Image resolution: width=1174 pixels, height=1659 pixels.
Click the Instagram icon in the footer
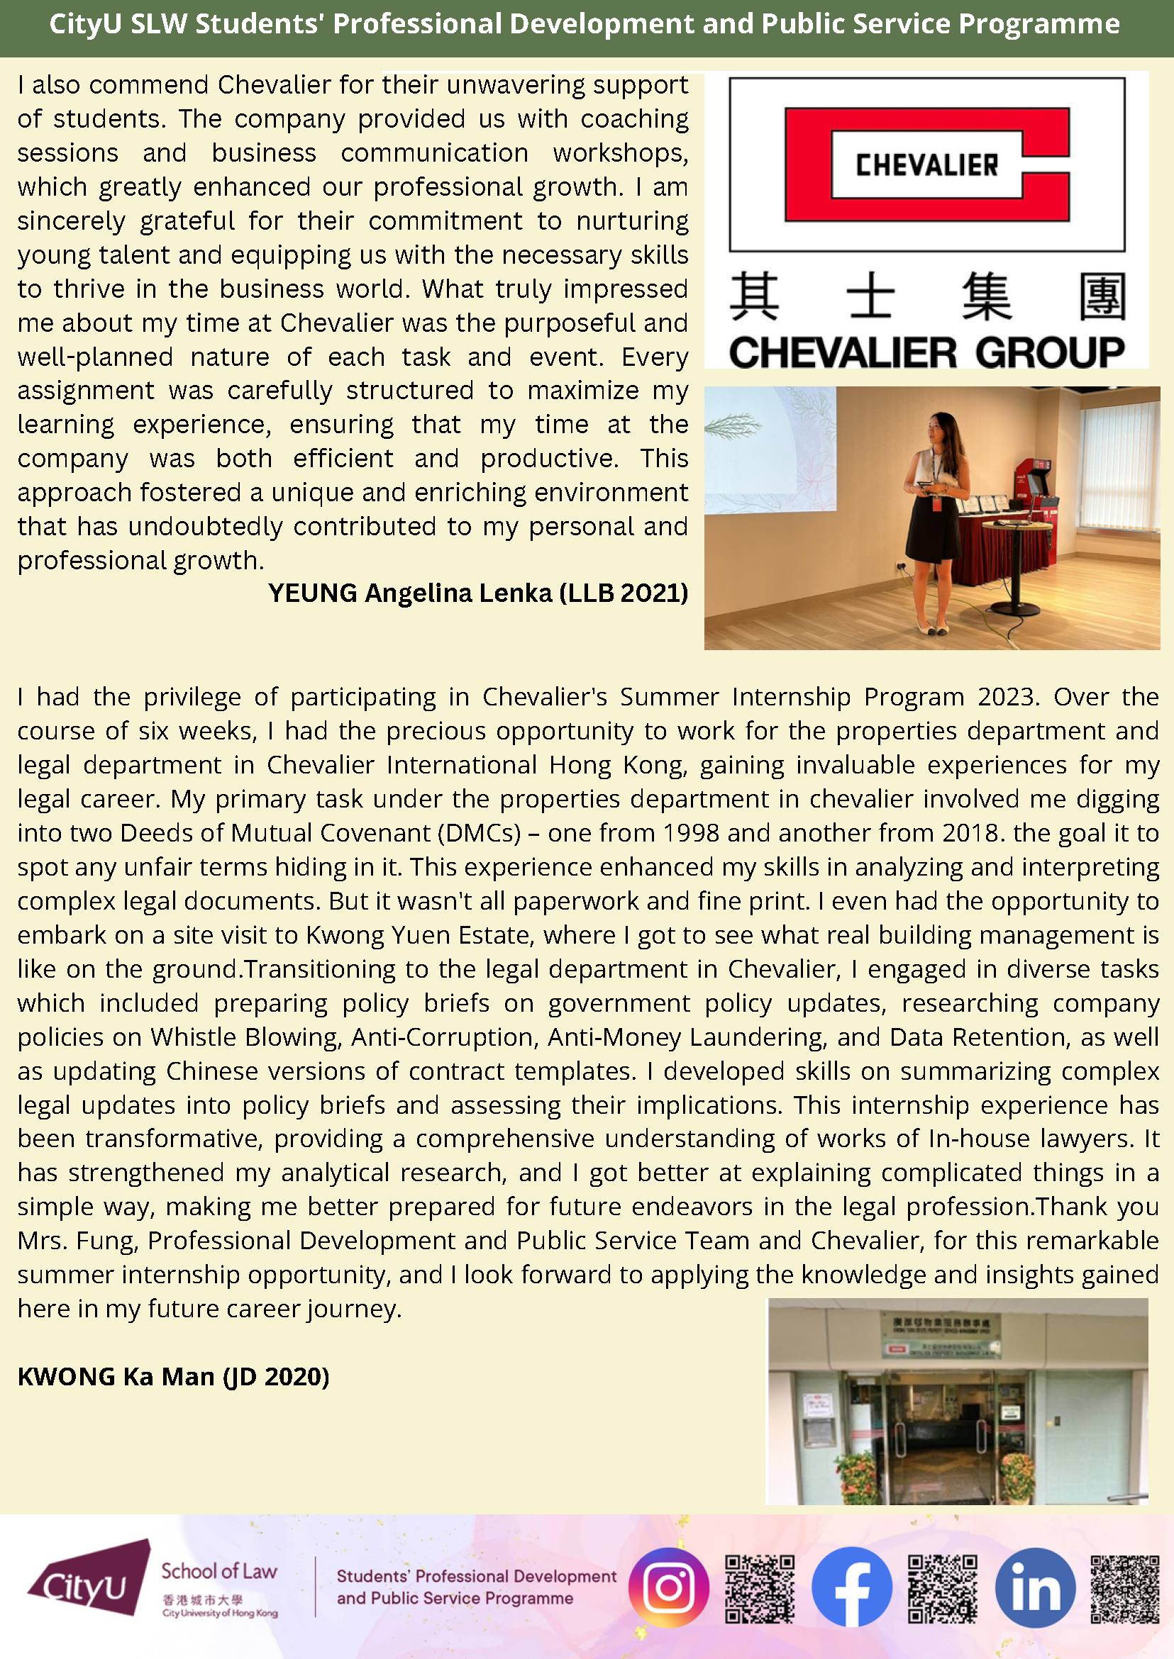(x=668, y=1587)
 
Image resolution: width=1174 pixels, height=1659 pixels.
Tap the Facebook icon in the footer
(x=851, y=1587)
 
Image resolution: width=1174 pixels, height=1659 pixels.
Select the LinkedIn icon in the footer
(x=1035, y=1587)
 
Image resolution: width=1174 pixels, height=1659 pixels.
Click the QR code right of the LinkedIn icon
(x=1125, y=1588)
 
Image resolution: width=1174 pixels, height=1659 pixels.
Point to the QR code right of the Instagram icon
(x=760, y=1588)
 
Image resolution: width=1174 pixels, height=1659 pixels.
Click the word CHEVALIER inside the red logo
(x=926, y=164)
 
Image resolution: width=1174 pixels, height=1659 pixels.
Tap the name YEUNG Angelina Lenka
(x=410, y=593)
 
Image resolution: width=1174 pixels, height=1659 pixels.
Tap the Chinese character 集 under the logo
(x=986, y=296)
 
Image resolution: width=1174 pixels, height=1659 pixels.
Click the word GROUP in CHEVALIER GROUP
(x=1050, y=353)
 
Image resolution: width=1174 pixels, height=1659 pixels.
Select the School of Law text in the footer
(x=219, y=1571)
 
